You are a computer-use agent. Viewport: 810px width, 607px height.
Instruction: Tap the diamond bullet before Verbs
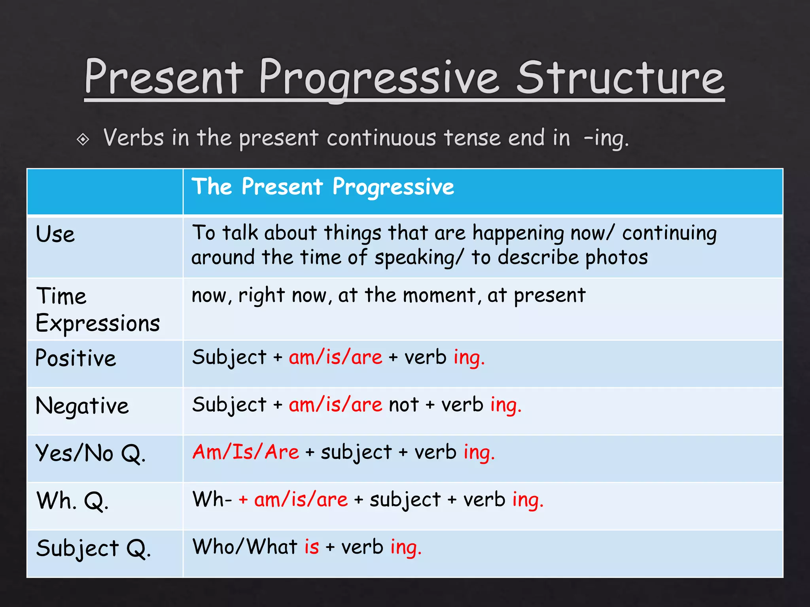tap(83, 139)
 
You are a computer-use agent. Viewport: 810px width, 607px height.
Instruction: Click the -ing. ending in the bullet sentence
tap(606, 139)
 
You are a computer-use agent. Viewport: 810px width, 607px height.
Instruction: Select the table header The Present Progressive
tap(323, 187)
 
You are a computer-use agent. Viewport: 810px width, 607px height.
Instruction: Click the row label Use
tap(55, 234)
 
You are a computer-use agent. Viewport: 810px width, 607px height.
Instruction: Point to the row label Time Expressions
tap(97, 310)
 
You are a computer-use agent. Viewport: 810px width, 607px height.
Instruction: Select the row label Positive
tap(76, 358)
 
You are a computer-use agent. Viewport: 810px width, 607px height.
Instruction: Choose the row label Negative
tap(82, 406)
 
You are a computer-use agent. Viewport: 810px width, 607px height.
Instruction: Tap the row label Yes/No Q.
tap(91, 453)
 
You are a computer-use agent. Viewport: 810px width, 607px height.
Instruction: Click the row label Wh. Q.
tap(72, 501)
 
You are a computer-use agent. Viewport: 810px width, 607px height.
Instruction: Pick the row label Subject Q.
tap(93, 549)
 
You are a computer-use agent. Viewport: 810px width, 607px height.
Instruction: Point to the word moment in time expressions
tap(439, 295)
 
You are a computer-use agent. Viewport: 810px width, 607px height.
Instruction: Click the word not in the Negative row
tap(403, 405)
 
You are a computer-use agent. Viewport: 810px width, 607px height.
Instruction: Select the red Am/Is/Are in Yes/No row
tap(246, 452)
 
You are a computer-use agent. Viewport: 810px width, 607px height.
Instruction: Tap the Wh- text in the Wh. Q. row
tap(212, 500)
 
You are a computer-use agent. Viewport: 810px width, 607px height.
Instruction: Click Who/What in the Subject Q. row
tap(245, 547)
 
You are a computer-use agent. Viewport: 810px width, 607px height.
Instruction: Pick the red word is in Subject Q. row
tap(311, 547)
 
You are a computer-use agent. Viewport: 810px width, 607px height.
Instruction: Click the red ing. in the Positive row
tap(469, 358)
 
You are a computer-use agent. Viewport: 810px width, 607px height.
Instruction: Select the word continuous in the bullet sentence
tap(381, 139)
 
